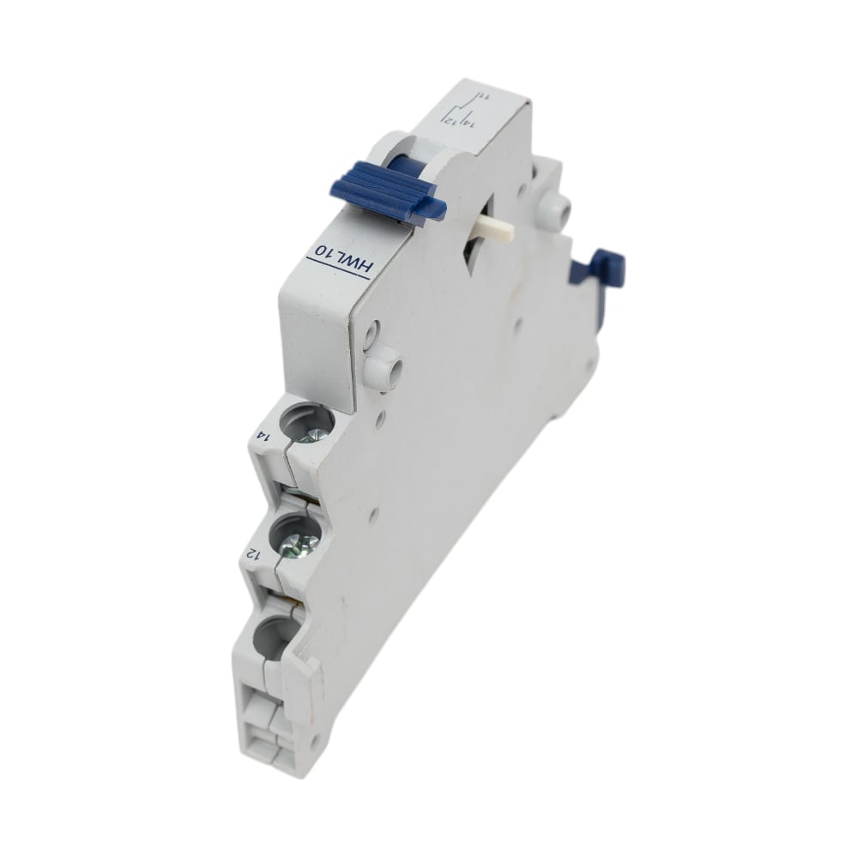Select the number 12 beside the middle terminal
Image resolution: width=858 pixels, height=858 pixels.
point(253,553)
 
